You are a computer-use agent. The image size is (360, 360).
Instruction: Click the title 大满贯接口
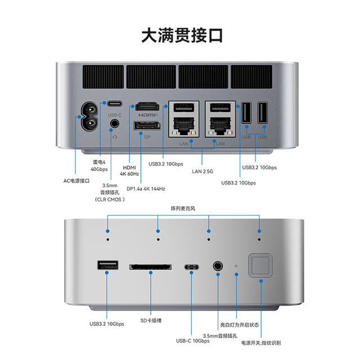182,35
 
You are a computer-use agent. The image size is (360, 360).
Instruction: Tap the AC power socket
89,116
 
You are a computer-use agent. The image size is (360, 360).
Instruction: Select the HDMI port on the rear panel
147,106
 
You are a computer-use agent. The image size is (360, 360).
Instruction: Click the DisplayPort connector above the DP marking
147,125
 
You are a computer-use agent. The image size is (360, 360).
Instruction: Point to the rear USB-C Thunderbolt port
115,103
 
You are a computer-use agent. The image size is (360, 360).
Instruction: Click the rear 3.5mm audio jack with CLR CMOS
115,124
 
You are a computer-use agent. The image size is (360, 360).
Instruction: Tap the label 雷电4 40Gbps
99,165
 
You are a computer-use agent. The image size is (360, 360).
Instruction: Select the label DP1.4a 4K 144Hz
146,189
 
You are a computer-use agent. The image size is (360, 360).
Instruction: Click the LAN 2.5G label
202,172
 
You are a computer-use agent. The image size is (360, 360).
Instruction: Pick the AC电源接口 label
76,181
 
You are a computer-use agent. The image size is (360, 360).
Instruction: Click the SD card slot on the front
150,267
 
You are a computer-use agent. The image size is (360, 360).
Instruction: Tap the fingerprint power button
260,265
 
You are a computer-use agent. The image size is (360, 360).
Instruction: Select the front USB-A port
107,265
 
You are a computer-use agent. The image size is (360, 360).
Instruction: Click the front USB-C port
191,267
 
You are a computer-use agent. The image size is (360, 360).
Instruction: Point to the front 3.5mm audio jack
218,266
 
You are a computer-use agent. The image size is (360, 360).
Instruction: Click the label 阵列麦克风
183,209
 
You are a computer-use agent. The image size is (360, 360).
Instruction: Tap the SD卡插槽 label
151,321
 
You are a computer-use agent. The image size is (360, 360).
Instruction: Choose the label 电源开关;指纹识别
261,343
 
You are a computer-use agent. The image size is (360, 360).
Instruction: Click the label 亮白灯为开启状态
240,325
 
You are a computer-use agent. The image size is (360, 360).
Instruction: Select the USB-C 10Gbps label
193,341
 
